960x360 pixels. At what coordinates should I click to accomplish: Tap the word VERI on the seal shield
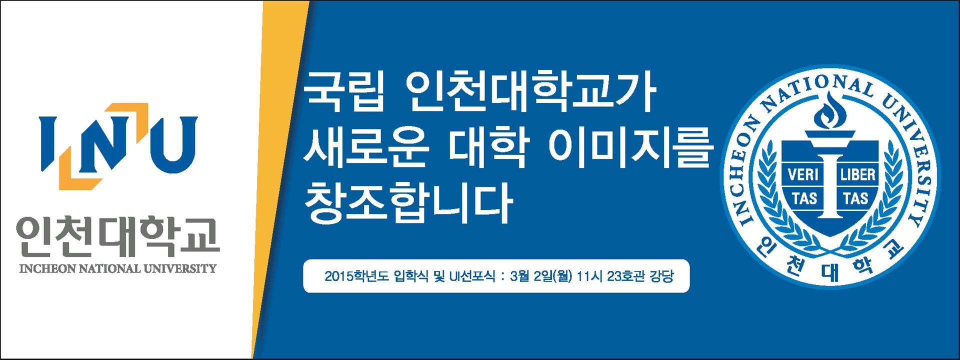click(803, 174)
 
